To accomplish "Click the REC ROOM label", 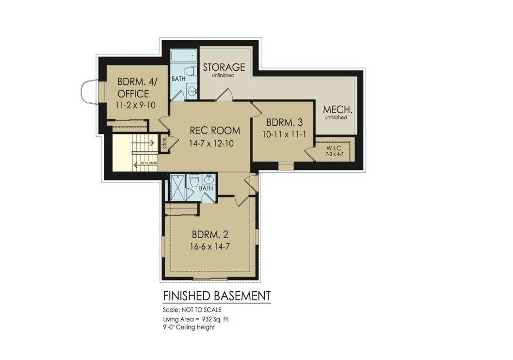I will [x=215, y=131].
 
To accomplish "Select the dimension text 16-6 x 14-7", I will [x=210, y=246].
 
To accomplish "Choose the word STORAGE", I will [x=224, y=67].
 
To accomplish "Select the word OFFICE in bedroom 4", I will [x=133, y=94].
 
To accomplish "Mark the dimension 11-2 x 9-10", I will [x=135, y=105].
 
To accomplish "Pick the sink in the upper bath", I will [x=192, y=91].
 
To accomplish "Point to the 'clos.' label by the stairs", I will [x=164, y=143].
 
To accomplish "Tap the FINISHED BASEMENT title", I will [x=216, y=295].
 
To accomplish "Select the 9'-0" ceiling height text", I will [x=189, y=327].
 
